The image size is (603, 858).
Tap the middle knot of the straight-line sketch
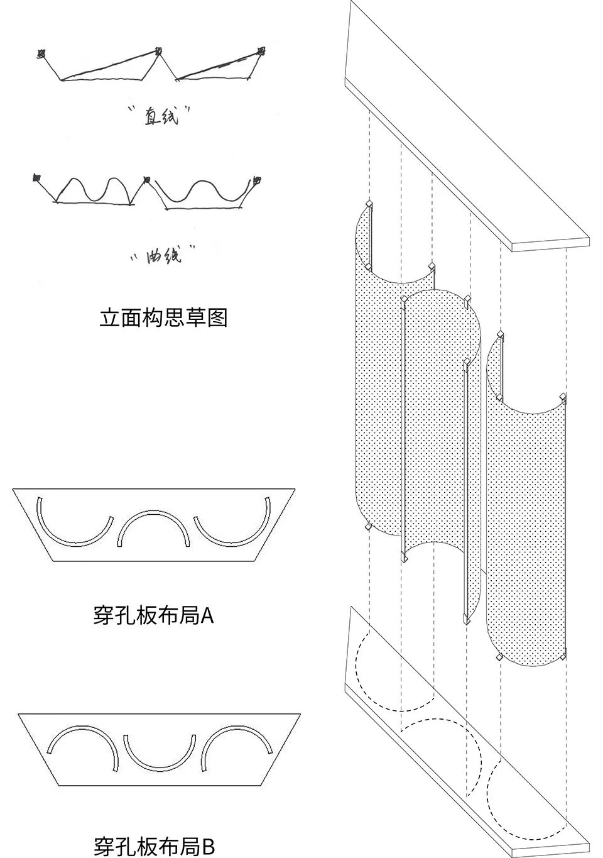(158, 51)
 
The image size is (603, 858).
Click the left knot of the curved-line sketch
(37, 178)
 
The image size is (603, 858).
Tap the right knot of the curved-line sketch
(257, 180)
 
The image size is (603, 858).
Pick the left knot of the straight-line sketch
(41, 55)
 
